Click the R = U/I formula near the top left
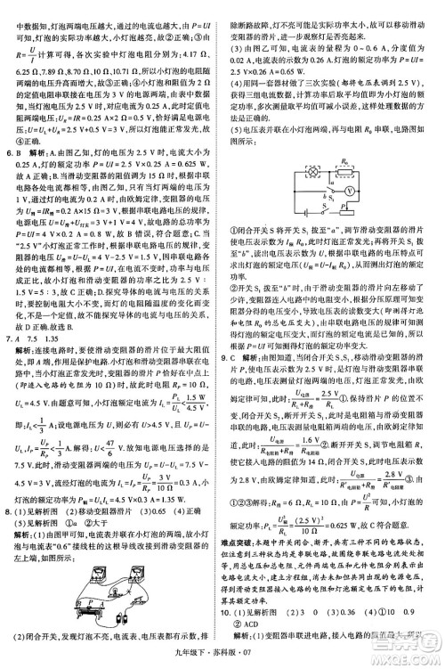tap(21, 56)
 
